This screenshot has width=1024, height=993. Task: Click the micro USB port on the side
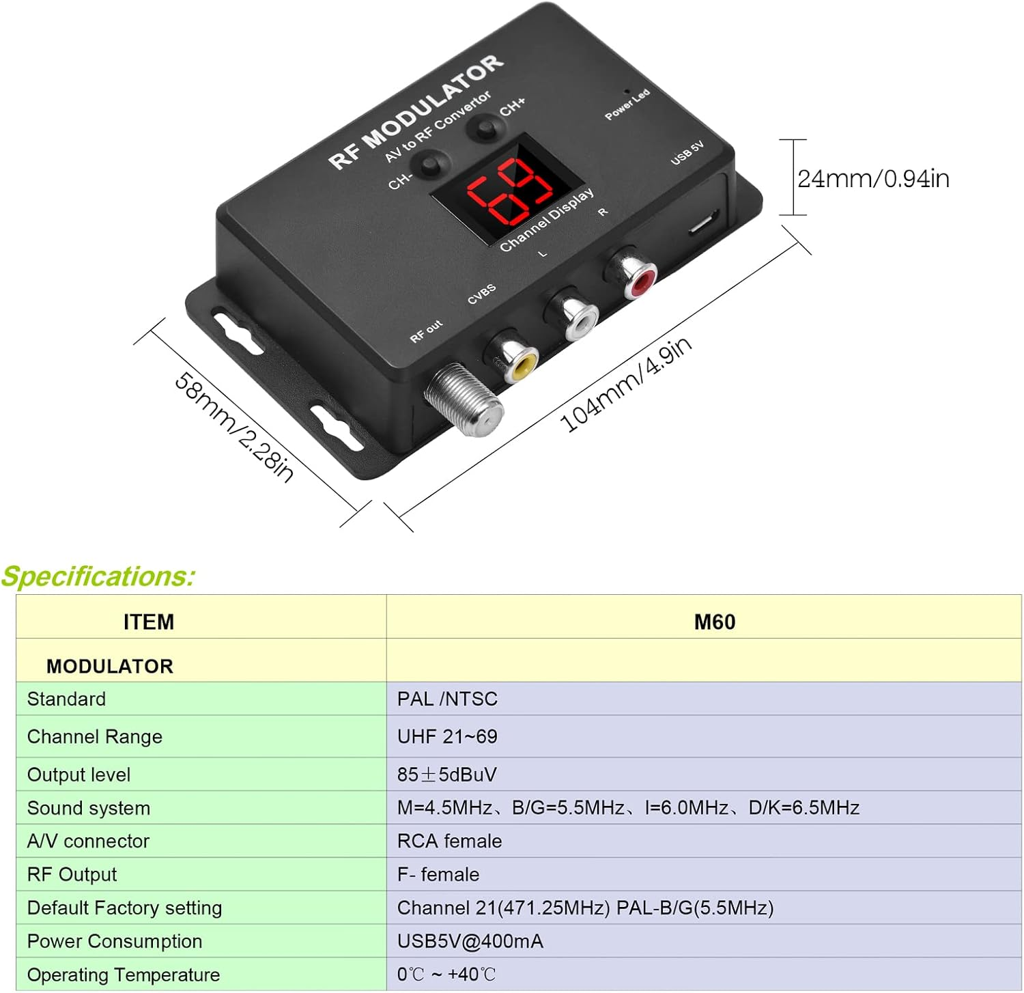click(702, 222)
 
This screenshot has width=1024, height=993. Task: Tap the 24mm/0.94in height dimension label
click(873, 178)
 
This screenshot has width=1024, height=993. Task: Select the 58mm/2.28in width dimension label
click(234, 428)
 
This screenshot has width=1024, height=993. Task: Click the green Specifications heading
click(98, 576)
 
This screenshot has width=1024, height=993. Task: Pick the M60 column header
click(714, 622)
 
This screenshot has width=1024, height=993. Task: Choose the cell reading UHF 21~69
click(447, 736)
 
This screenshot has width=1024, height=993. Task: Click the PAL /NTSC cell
click(447, 699)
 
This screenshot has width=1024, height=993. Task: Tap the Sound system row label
click(89, 808)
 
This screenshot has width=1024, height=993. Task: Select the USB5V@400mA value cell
click(470, 941)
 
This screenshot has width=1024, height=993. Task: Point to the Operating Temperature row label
click(124, 975)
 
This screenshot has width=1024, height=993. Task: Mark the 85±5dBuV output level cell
click(447, 774)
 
